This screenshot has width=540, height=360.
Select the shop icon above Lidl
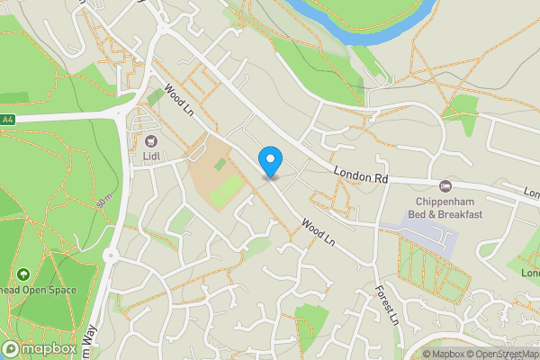tap(150, 140)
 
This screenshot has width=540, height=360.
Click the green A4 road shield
tap(7, 119)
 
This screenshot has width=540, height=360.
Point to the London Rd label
tap(360, 175)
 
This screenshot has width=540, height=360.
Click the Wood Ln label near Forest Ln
tap(318, 233)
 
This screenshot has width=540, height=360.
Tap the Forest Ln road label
tap(386, 305)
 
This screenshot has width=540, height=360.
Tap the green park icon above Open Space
tap(22, 274)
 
